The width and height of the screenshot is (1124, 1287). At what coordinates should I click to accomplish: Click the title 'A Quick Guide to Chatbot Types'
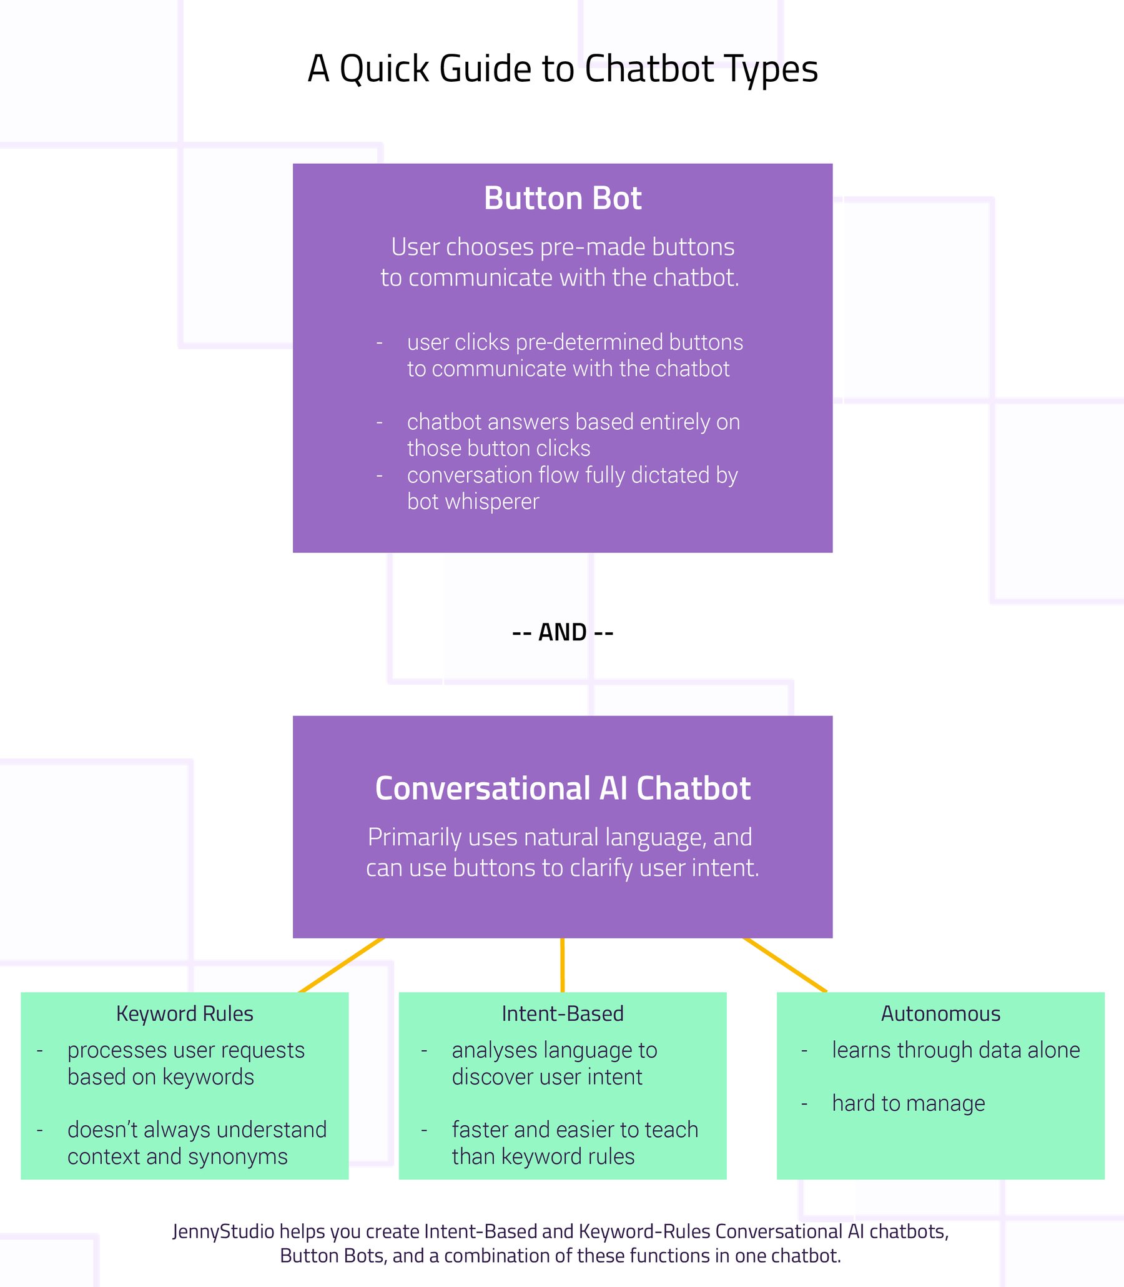pos(562,69)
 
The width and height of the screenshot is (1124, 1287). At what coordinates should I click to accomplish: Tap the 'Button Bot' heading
pos(562,199)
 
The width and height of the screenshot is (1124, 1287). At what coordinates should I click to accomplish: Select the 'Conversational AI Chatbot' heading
pos(562,789)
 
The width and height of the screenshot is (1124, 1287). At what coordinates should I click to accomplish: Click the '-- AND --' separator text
pos(562,632)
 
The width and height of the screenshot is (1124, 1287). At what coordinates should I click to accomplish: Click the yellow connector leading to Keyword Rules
pos(340,966)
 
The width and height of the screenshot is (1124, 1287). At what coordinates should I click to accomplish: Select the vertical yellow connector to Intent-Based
pos(562,965)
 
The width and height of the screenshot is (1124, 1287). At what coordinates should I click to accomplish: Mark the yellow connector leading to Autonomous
pos(785,965)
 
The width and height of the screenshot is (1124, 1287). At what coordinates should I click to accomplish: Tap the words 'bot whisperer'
pos(473,502)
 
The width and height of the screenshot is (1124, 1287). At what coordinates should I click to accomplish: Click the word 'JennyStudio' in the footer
pos(224,1231)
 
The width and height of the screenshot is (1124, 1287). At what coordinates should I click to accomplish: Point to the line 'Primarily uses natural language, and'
pos(560,837)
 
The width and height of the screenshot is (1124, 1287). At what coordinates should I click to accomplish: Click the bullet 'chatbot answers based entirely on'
pos(573,422)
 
